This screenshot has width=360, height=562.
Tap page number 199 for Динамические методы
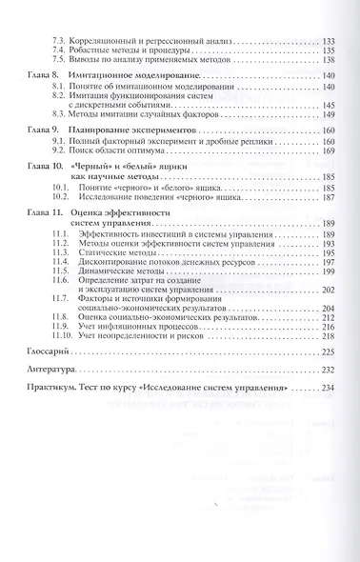327,271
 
